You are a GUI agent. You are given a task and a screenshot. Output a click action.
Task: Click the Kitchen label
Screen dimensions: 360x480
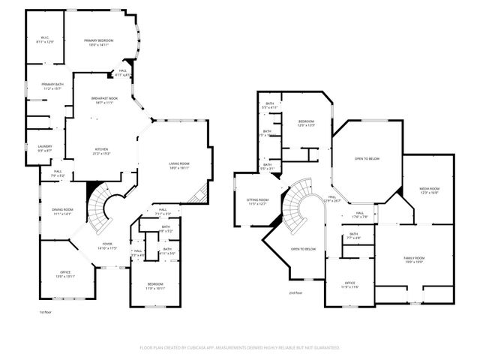(100, 150)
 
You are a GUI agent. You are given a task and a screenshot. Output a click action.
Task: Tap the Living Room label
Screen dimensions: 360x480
(178, 165)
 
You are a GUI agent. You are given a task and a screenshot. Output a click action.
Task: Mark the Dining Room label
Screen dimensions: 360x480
(62, 211)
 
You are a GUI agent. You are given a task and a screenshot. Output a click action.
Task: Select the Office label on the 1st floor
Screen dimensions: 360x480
(64, 273)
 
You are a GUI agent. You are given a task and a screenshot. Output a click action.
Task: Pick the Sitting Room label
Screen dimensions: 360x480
(257, 201)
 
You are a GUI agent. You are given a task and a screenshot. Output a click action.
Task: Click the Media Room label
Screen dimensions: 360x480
(429, 190)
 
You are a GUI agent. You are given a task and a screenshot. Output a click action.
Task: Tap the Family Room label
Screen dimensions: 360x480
(415, 259)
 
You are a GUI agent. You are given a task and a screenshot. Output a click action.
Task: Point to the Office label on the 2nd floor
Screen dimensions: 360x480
(350, 284)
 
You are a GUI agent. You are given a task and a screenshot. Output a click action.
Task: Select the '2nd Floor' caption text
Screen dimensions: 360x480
(297, 292)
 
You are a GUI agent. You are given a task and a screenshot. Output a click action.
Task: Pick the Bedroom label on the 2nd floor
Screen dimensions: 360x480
(306, 124)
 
